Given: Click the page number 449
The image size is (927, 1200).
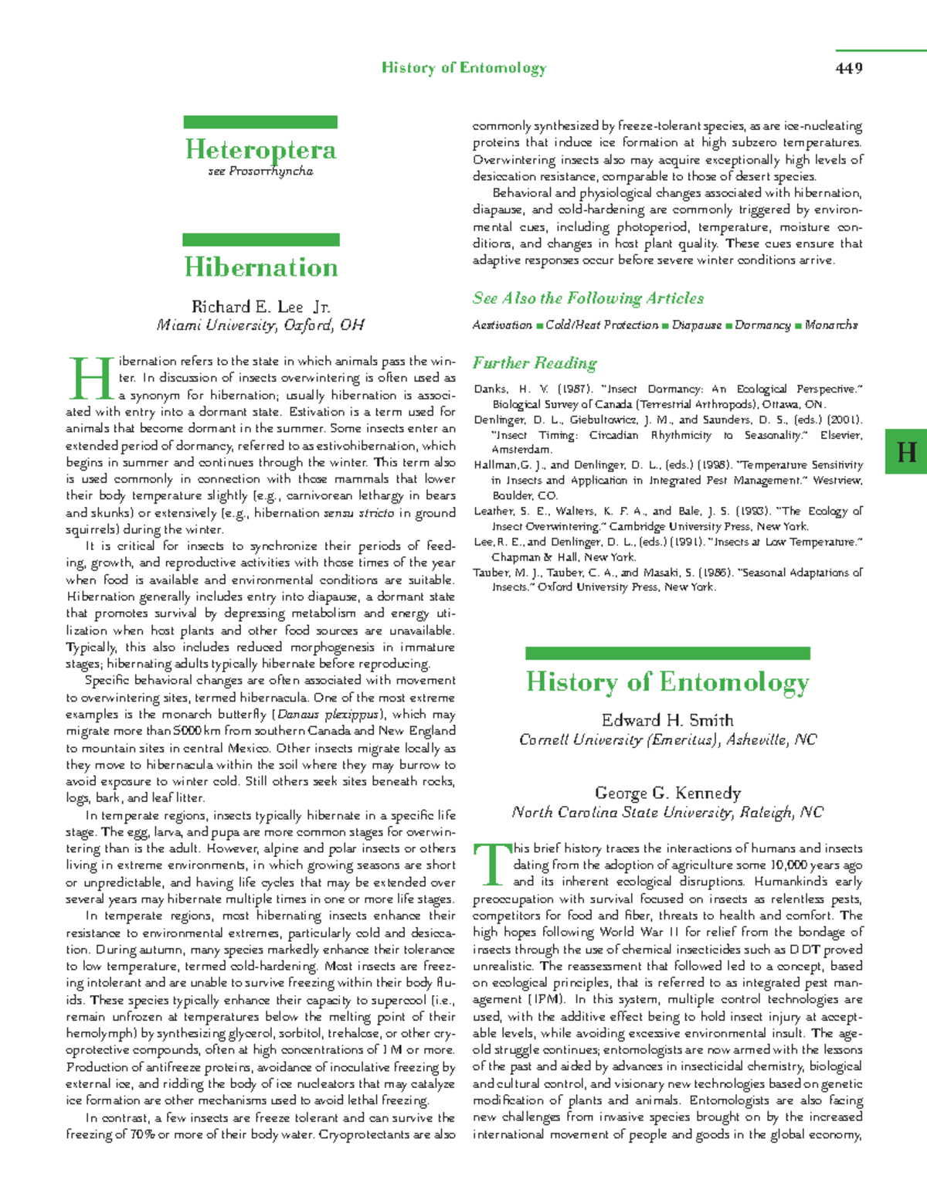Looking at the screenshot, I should click(x=848, y=68).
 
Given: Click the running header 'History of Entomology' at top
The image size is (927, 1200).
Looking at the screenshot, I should click(x=463, y=68).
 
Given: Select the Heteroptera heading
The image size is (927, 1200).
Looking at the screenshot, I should click(x=260, y=149).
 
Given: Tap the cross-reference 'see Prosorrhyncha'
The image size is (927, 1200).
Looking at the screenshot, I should click(x=260, y=172).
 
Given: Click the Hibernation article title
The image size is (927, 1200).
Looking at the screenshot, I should click(x=261, y=267).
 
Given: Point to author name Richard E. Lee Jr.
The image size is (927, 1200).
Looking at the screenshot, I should click(x=261, y=307).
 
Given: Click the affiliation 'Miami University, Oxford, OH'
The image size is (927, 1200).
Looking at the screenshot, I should click(x=260, y=325).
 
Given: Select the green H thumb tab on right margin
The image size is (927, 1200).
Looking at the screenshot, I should click(x=906, y=451).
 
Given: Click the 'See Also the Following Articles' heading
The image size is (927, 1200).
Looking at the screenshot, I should click(x=588, y=298).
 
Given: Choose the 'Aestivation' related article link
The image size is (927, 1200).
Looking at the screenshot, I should click(x=502, y=325).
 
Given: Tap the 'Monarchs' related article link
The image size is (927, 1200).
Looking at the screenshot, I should click(x=831, y=325).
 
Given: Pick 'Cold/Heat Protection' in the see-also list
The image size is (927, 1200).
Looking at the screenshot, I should click(x=602, y=325).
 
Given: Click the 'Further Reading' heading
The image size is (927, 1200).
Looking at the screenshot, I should click(x=535, y=363).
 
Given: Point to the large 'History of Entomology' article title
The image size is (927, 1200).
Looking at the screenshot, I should click(x=667, y=682).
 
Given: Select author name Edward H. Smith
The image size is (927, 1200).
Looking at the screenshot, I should click(x=667, y=721).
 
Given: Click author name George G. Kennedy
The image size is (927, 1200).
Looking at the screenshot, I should click(x=667, y=794).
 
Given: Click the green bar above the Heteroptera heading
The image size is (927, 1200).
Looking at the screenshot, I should click(x=260, y=122).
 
